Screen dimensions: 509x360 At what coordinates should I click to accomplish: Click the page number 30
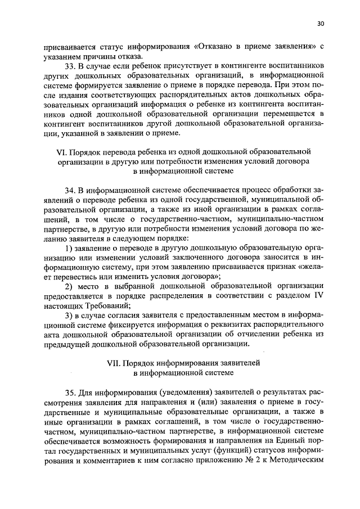pyautogui.click(x=321, y=24)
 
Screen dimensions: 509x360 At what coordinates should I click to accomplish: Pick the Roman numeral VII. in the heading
pyautogui.click(x=114, y=363)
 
